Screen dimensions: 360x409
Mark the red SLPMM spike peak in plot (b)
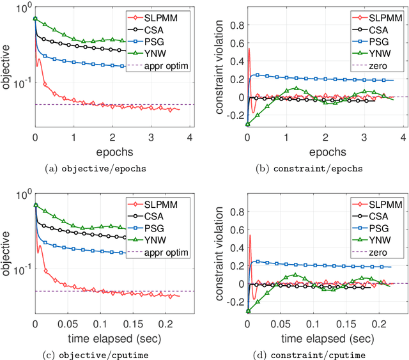click(249, 49)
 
